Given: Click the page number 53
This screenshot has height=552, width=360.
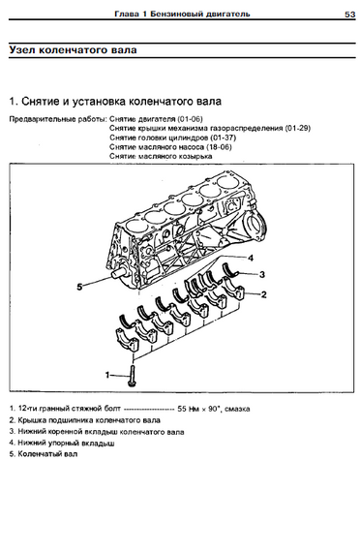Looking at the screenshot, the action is tap(349, 15).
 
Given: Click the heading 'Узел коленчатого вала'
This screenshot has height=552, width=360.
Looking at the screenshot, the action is tap(73, 49).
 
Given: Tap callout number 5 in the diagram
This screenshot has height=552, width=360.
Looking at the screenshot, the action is tap(79, 287).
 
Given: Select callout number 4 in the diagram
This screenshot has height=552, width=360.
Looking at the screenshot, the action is tap(251, 258).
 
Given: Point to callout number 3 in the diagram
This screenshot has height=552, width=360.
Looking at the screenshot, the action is tap(262, 274).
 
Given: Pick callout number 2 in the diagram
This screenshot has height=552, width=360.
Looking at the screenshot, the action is tap(263, 294).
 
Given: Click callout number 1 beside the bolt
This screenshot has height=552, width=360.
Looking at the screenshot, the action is tap(107, 375).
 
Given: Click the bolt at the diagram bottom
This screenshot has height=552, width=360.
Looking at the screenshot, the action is tap(132, 376).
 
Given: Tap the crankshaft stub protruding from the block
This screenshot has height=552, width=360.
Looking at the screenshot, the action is tap(120, 273).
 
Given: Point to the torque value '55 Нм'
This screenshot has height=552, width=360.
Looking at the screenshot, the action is tap(189, 409).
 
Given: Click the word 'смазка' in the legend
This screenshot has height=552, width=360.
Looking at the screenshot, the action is tap(237, 409).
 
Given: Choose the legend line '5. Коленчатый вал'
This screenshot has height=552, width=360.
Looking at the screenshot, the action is tap(44, 454).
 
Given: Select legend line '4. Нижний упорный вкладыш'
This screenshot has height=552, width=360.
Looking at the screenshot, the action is tap(62, 443).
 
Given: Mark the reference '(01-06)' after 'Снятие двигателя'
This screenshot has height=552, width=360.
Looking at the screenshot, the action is tap(190, 119).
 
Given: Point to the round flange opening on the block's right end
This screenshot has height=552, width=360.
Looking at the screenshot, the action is tap(255, 226).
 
